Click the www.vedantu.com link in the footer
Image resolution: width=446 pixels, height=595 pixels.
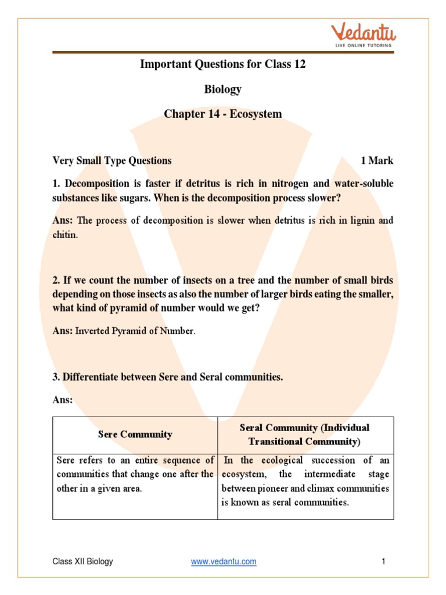[x=224, y=561]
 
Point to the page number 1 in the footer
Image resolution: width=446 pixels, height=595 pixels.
[x=383, y=561]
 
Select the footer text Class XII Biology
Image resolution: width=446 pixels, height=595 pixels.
[x=82, y=561]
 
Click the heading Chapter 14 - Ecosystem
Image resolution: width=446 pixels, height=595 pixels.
[x=222, y=114]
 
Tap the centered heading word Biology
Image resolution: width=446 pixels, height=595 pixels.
[x=222, y=89]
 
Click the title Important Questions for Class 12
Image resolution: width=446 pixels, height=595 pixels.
[x=222, y=64]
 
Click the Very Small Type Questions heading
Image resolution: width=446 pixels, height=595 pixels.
[x=112, y=160]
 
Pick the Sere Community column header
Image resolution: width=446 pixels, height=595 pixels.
[x=135, y=434]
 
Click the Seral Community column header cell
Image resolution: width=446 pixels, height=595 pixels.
[x=305, y=434]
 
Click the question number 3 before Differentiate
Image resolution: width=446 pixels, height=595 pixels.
[x=56, y=377]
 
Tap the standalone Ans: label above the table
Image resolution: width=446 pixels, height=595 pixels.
[x=63, y=400]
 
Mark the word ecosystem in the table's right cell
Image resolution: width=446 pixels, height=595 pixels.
[x=243, y=474]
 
